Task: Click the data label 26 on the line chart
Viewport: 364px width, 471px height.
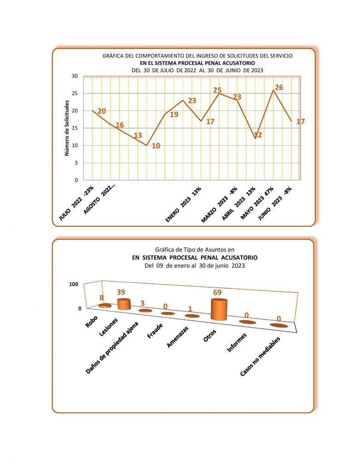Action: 279,87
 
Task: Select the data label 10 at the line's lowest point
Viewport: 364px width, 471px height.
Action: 156,146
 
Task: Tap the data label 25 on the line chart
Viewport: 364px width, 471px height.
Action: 217,90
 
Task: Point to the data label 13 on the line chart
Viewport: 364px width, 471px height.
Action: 138,136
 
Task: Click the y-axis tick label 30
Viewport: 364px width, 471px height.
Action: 75,76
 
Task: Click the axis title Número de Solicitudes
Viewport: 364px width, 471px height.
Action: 67,128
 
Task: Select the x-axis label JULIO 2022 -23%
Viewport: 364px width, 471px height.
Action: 76,203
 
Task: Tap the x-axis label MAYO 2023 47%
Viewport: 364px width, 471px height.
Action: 257,203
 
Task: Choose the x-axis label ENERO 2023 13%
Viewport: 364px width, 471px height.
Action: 184,205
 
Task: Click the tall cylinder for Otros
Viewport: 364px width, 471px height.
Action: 219,309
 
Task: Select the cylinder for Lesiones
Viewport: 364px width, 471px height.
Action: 124,304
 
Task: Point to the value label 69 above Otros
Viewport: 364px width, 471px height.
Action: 218,293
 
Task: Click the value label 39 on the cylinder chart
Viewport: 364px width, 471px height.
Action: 121,293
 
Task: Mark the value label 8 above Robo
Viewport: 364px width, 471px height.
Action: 102,298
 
